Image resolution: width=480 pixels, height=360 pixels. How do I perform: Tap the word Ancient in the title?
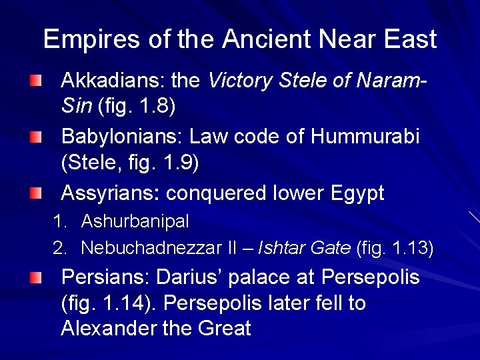click(x=267, y=39)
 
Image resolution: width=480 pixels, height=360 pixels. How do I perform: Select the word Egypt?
click(x=357, y=193)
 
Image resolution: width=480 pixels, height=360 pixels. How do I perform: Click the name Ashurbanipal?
click(x=135, y=221)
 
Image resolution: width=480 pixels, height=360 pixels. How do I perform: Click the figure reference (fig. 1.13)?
click(x=395, y=249)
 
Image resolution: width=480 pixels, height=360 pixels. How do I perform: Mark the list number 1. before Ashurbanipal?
click(x=59, y=221)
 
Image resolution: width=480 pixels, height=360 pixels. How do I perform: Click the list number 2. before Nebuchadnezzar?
click(x=60, y=249)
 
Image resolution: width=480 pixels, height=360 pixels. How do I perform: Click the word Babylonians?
click(x=121, y=137)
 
